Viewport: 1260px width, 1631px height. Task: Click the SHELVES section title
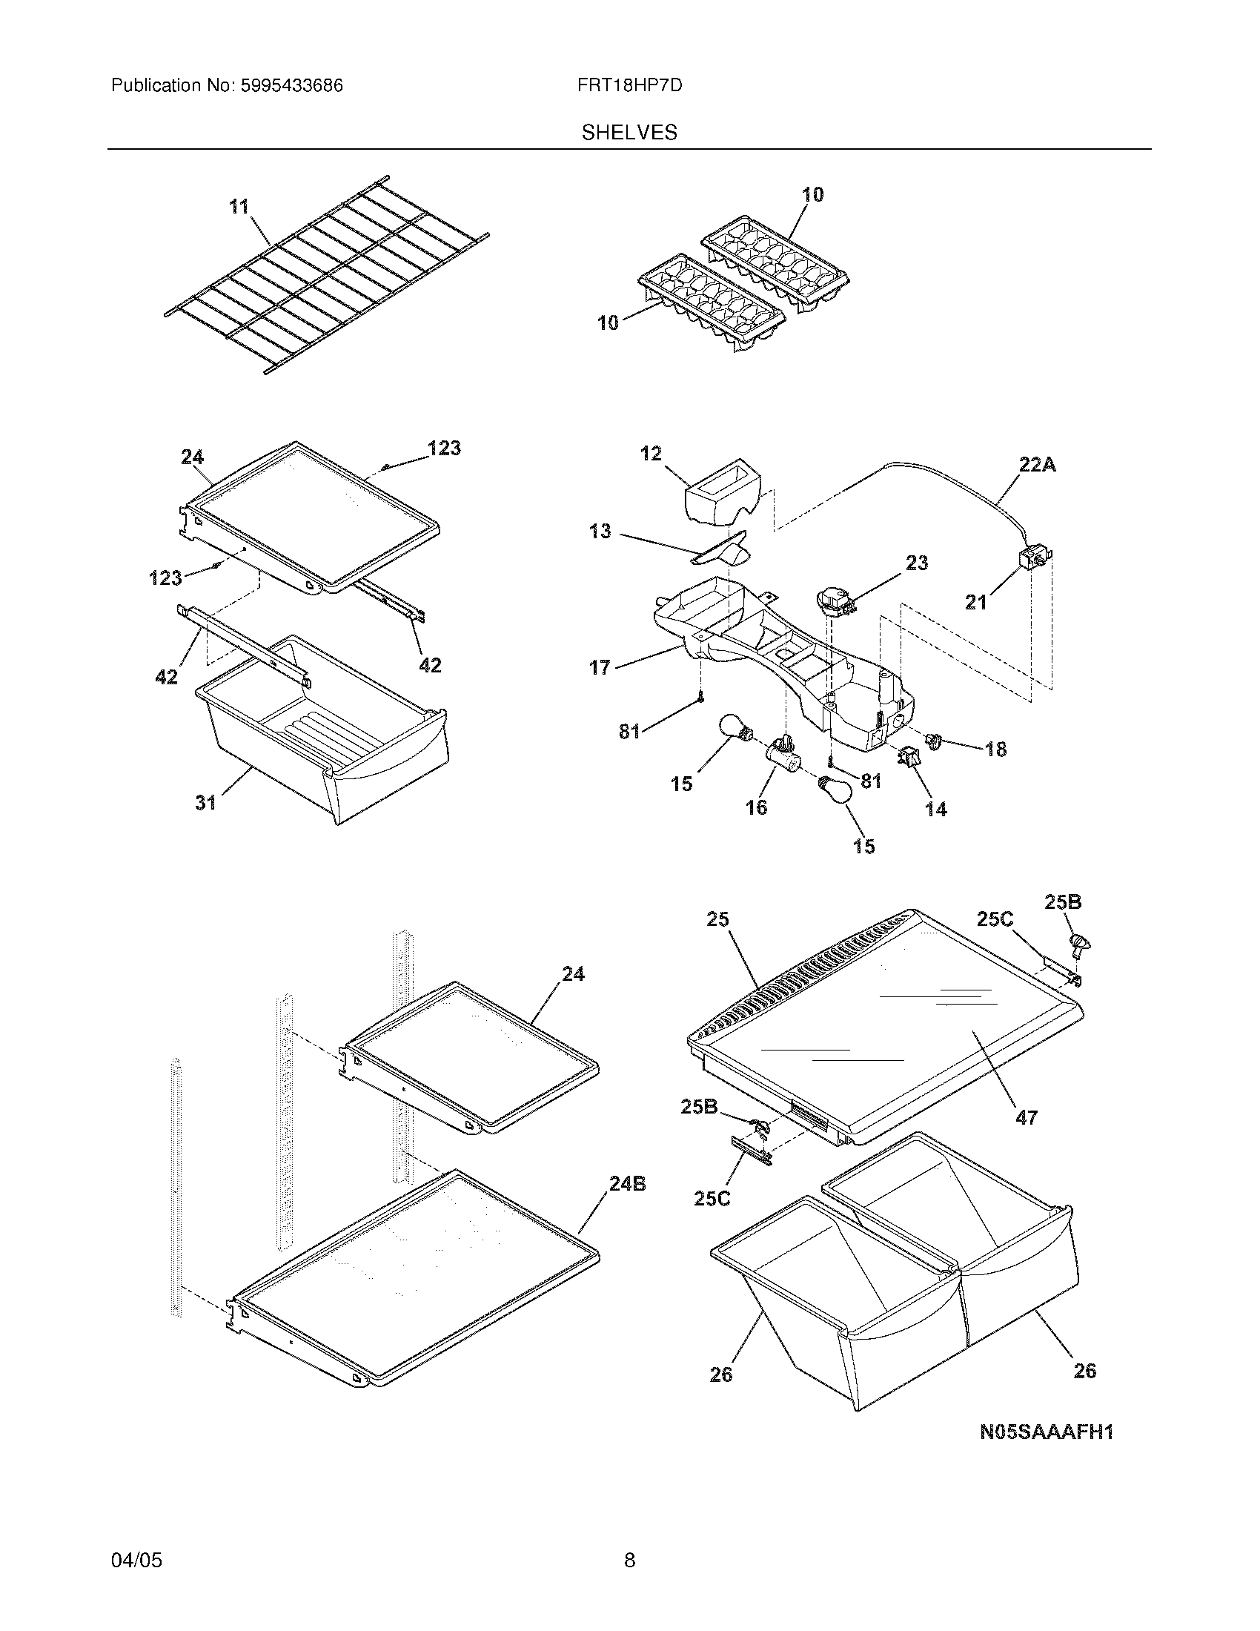[x=629, y=132]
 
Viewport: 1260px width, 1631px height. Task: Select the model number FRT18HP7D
[x=629, y=86]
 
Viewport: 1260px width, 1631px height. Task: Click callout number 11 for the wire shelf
[x=239, y=206]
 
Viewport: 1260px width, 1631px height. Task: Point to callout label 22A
[x=1037, y=465]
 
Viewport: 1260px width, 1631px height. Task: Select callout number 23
[x=917, y=563]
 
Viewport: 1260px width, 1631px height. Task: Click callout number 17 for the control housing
[x=600, y=667]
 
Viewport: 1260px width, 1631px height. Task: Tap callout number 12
[x=650, y=453]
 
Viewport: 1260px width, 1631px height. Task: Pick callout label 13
[x=600, y=531]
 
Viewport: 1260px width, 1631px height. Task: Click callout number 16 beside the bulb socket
[x=755, y=807]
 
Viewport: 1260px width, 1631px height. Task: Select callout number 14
[x=935, y=809]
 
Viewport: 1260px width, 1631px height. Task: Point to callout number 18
[x=995, y=748]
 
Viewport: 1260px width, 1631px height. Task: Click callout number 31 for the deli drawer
[x=205, y=802]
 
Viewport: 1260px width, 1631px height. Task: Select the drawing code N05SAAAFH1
[x=1047, y=1432]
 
